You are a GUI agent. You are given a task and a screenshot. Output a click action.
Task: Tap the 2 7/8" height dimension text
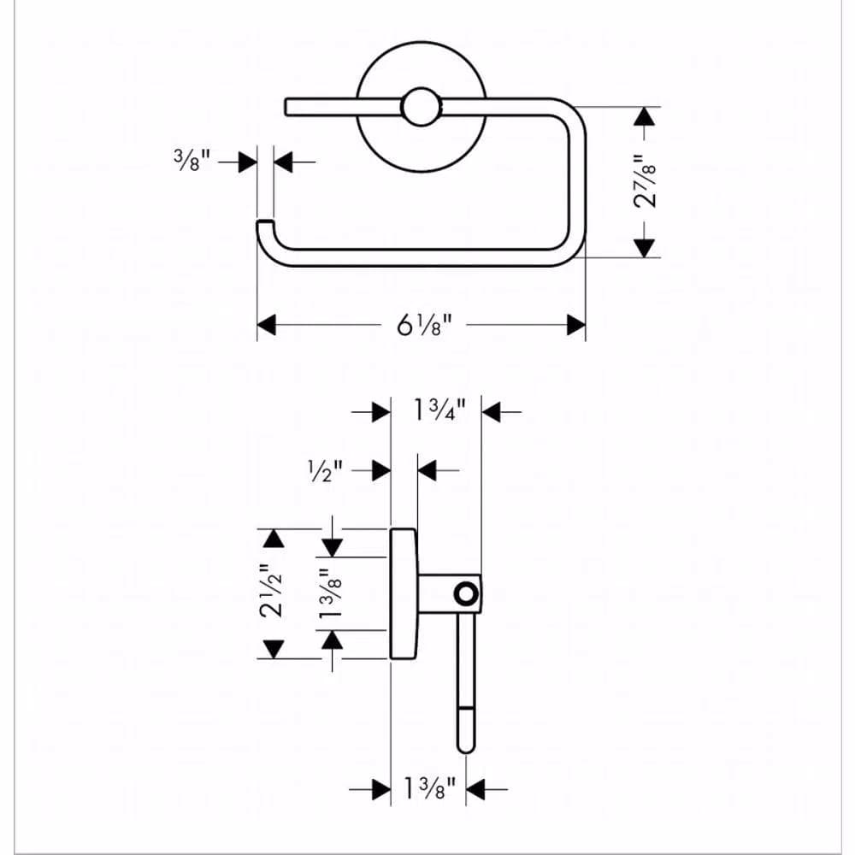coord(645,181)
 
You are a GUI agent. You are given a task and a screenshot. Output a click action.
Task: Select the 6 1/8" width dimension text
coord(424,326)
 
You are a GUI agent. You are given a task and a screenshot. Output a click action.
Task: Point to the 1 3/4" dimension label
coord(439,410)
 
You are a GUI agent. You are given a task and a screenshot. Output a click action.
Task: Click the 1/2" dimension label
coord(326,470)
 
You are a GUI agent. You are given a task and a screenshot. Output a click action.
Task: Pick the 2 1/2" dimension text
coord(272,591)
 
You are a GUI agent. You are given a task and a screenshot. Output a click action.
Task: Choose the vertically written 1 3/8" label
coord(330,593)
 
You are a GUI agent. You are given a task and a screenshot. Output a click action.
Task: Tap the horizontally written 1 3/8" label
coord(429,788)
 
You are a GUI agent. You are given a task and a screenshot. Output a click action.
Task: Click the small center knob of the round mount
coord(421,107)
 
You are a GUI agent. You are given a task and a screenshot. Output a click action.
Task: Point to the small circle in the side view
coord(466,593)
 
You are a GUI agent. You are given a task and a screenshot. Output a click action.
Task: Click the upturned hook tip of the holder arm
coord(265,223)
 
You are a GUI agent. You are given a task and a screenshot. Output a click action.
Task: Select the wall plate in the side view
coord(404,593)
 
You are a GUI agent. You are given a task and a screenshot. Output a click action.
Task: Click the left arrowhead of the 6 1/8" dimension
coord(267,325)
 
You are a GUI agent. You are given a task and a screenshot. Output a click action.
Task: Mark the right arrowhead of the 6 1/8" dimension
coord(576,325)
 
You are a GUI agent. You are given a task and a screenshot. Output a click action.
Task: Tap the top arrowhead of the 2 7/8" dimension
coord(645,116)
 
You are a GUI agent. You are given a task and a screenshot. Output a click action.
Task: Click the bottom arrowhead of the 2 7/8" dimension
coord(645,248)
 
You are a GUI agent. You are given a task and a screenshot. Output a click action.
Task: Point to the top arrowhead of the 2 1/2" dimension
coord(274,538)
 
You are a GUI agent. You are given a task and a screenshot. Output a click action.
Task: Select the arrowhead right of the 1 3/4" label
coord(492,412)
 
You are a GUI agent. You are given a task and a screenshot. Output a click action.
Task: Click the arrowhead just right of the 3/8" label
coord(283,162)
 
